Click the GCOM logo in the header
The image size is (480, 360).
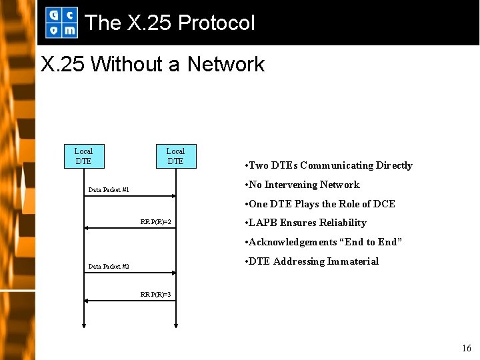[61, 22]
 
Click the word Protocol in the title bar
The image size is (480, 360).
[217, 23]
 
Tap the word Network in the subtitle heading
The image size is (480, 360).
[226, 64]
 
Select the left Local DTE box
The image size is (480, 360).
[83, 156]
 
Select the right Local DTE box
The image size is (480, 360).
[175, 156]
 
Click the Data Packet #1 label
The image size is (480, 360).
[109, 190]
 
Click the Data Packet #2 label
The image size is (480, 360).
[109, 267]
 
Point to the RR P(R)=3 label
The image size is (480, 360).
[156, 294]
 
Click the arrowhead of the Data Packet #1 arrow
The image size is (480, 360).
[173, 196]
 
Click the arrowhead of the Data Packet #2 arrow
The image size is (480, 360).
[173, 273]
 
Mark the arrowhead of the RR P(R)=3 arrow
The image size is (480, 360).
[87, 301]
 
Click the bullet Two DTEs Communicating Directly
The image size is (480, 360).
[329, 165]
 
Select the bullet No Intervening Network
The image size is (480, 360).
[303, 185]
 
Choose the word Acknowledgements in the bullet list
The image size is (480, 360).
[293, 242]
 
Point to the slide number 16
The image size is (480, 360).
[466, 348]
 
